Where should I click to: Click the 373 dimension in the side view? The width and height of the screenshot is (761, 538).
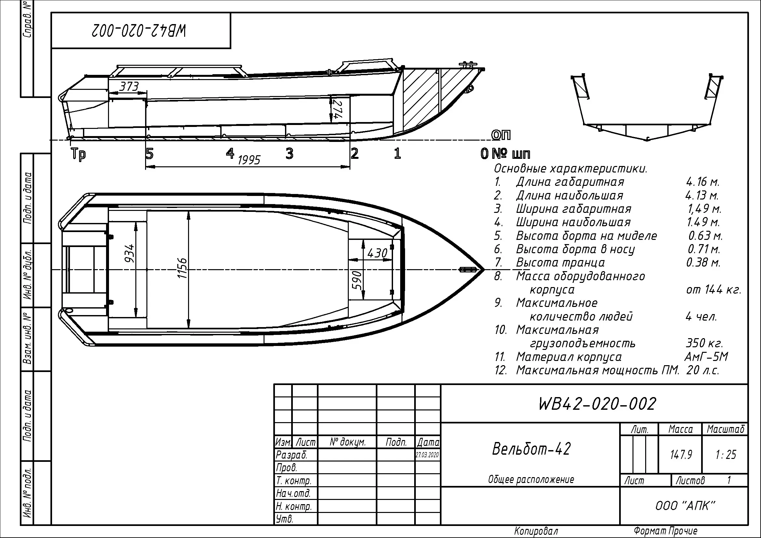click(129, 87)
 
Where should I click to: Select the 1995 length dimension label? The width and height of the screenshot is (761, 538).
click(249, 160)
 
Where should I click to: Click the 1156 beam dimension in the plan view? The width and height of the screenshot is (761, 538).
click(182, 268)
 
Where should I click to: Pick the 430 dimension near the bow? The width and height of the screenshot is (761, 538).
click(377, 254)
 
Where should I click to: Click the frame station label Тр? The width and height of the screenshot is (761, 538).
click(78, 154)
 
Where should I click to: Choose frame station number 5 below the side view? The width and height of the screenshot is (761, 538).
click(150, 154)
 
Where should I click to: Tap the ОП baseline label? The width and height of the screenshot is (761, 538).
click(501, 135)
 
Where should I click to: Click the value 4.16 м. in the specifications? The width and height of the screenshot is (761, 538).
click(702, 182)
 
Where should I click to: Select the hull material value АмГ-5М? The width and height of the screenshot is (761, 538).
click(706, 357)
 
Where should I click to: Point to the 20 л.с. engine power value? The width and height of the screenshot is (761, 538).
click(703, 370)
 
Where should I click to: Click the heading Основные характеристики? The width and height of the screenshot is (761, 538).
click(570, 169)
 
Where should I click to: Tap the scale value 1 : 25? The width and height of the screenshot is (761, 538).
click(726, 454)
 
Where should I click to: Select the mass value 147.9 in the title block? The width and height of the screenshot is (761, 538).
click(681, 454)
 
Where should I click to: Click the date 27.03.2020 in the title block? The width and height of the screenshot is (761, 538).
click(428, 455)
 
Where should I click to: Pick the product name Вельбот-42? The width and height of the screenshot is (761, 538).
click(531, 449)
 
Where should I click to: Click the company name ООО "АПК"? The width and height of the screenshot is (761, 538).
click(685, 506)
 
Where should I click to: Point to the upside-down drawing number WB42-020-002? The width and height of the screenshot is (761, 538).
click(139, 31)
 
